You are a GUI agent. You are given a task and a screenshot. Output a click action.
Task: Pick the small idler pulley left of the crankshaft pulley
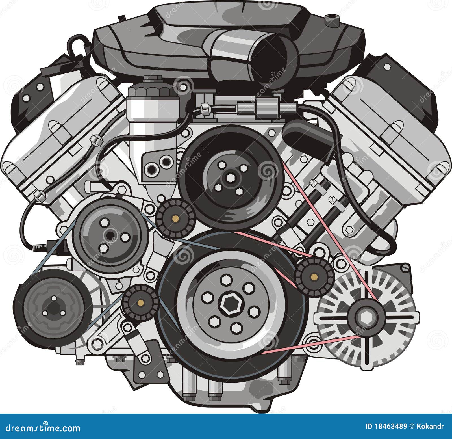140,303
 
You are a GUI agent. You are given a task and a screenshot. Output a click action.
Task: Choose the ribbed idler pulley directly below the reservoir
175,218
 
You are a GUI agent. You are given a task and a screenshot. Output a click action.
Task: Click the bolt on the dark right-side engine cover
387,67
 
